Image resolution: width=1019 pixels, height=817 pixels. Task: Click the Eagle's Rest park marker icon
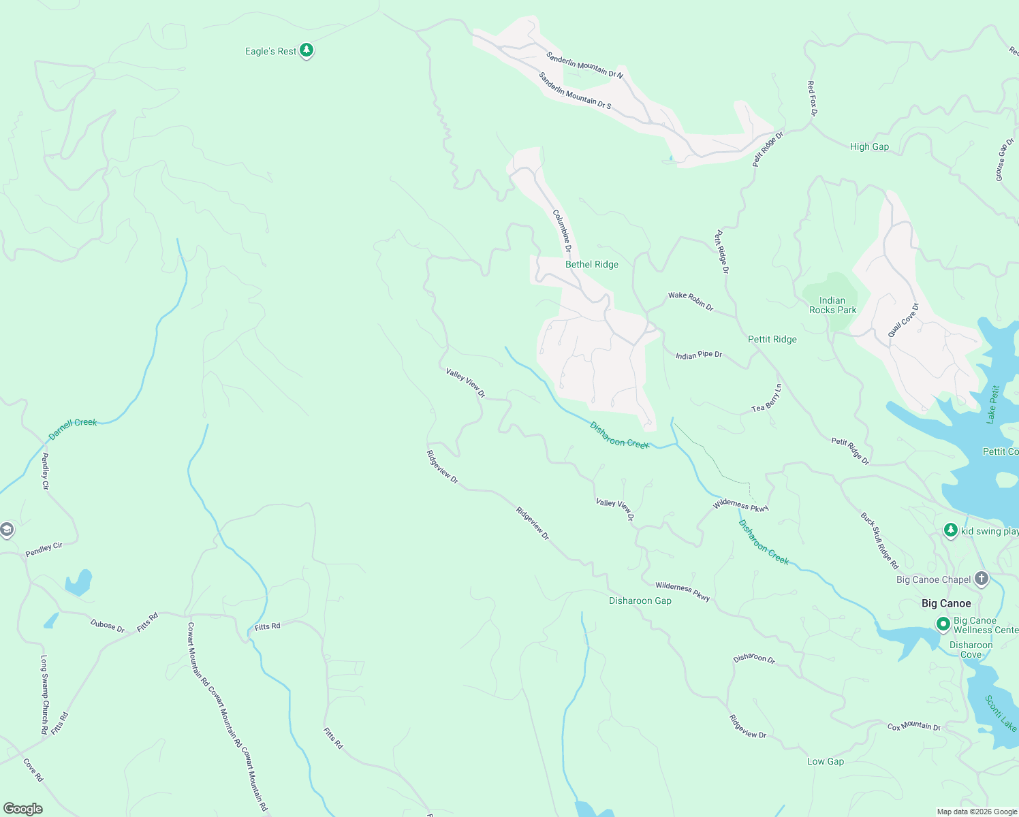pyautogui.click(x=307, y=50)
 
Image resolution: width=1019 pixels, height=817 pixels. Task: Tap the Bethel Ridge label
pyautogui.click(x=592, y=264)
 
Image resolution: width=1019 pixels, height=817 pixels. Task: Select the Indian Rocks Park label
pyautogui.click(x=832, y=305)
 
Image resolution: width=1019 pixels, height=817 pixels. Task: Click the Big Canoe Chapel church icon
pyautogui.click(x=981, y=579)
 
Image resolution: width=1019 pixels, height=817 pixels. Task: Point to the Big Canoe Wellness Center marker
pyautogui.click(x=943, y=624)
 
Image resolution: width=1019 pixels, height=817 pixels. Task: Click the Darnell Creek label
pyautogui.click(x=73, y=428)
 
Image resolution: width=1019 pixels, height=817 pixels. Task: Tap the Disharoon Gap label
pyautogui.click(x=640, y=600)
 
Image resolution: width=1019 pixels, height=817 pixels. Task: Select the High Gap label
pyautogui.click(x=869, y=146)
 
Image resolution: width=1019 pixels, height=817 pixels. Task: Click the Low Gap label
pyautogui.click(x=825, y=761)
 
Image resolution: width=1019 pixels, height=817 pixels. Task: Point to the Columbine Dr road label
pyautogui.click(x=562, y=231)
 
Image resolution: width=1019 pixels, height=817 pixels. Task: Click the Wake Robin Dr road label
pyautogui.click(x=691, y=302)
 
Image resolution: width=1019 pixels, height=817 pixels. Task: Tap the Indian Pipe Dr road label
pyautogui.click(x=699, y=355)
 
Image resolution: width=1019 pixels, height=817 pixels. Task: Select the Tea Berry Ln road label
pyautogui.click(x=767, y=398)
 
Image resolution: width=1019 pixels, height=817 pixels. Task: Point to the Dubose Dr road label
pyautogui.click(x=108, y=626)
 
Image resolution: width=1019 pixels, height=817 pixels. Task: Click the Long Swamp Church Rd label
pyautogui.click(x=44, y=694)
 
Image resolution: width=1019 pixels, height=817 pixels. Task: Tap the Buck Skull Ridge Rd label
pyautogui.click(x=879, y=541)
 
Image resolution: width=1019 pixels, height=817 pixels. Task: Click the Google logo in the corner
pyautogui.click(x=23, y=808)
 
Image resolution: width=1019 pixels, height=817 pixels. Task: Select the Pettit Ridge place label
pyautogui.click(x=772, y=339)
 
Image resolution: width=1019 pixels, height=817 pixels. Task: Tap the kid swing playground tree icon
pyautogui.click(x=950, y=530)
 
